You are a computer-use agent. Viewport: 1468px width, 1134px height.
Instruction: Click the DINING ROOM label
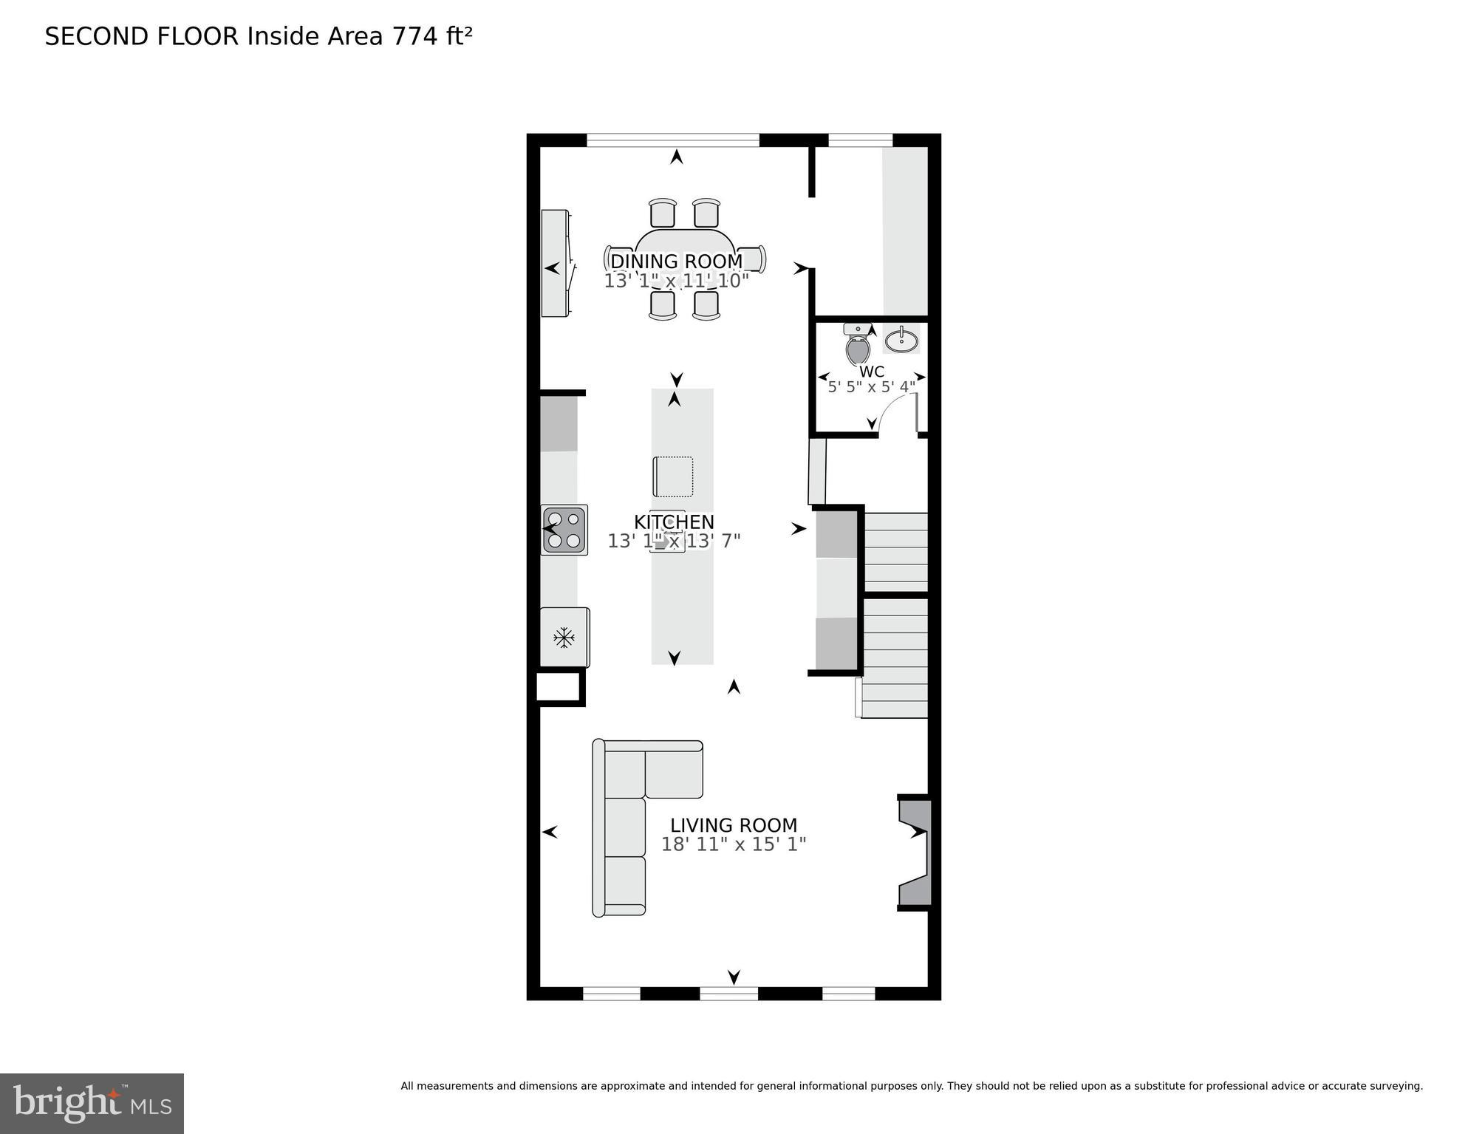(x=676, y=262)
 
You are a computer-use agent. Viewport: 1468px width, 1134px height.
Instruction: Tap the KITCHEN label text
(x=674, y=522)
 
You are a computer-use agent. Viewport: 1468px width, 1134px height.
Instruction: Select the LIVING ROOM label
(x=734, y=825)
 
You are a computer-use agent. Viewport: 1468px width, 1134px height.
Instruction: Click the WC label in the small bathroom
(x=872, y=372)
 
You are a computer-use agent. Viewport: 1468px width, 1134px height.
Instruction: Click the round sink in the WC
(x=901, y=341)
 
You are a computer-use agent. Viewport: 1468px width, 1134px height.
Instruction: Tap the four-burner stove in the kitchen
(x=564, y=530)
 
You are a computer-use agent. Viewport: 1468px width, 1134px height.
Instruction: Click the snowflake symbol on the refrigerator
(x=564, y=637)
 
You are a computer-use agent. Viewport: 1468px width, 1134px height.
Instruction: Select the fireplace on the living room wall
(x=915, y=852)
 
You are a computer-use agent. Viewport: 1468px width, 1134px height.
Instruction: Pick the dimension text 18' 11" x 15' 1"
(x=733, y=844)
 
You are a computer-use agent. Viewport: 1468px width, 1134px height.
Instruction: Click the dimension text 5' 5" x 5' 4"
(x=871, y=387)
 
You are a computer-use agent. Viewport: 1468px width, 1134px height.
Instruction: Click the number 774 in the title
(x=415, y=37)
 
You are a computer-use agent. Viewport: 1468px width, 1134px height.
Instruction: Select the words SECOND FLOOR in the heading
(x=142, y=37)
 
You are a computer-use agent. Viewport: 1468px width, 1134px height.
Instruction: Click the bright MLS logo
(x=92, y=1103)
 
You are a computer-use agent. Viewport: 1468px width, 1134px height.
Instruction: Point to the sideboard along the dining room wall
(x=556, y=264)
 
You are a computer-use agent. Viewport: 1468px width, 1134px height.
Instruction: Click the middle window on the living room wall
(x=728, y=993)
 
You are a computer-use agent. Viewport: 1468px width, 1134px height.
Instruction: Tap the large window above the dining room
(x=672, y=140)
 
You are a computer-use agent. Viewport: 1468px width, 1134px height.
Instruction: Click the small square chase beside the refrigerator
(x=559, y=686)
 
